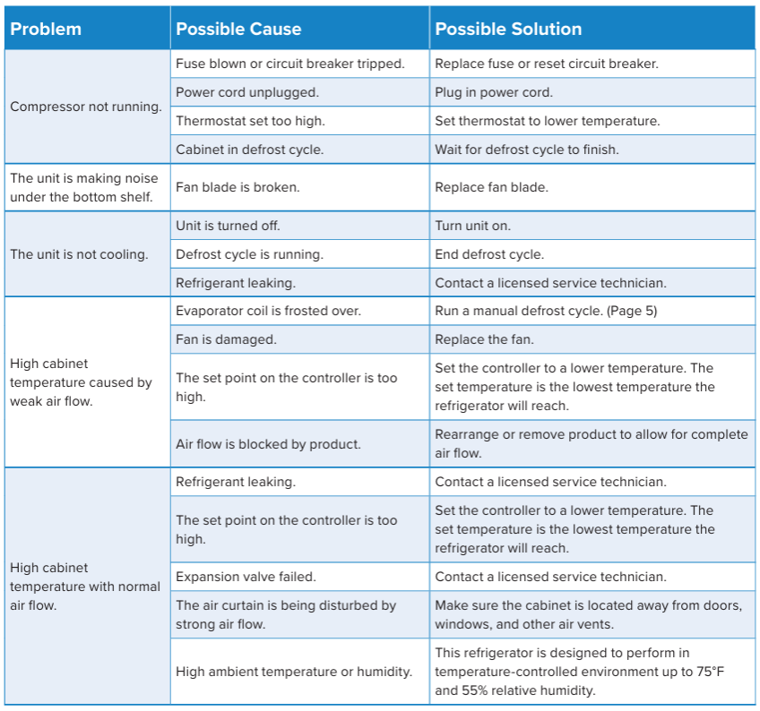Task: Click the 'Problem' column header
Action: pos(46,30)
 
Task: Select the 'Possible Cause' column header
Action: pos(238,30)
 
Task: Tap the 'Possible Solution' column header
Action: pos(508,30)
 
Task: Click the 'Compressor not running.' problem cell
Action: pos(86,107)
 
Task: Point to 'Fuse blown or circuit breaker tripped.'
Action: pos(289,64)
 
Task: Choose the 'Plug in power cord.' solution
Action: pos(494,92)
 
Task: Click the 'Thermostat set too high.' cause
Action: pos(250,121)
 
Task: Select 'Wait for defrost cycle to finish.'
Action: pos(527,150)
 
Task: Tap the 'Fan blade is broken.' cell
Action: pos(237,187)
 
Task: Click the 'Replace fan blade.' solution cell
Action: pos(491,187)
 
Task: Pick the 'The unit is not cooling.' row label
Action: pos(79,254)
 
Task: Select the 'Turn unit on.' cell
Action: pos(473,226)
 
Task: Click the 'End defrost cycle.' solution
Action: pos(489,254)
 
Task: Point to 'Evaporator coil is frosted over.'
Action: pos(269,312)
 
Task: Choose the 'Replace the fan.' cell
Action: pos(484,340)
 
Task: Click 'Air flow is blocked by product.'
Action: pos(269,444)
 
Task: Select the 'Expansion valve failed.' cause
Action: pos(246,577)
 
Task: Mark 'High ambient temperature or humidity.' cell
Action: pos(294,672)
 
